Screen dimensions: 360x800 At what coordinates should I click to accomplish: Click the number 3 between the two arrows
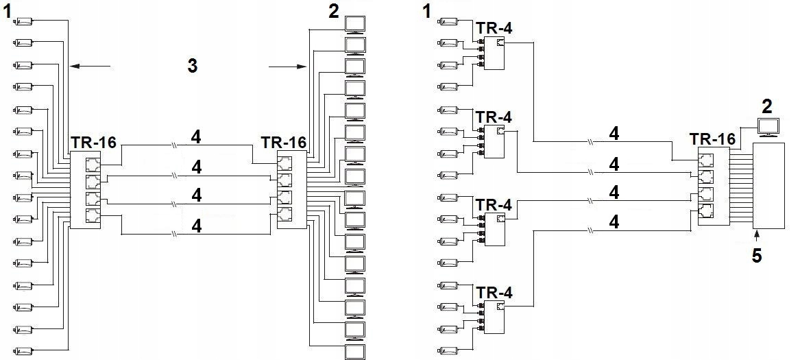[x=193, y=65]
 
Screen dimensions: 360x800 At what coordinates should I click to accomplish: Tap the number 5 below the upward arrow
[x=757, y=255]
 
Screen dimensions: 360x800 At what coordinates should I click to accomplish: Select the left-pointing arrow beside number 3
[x=90, y=67]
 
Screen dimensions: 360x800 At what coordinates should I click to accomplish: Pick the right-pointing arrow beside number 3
[x=287, y=67]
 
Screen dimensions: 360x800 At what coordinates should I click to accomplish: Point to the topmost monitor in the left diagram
[x=355, y=25]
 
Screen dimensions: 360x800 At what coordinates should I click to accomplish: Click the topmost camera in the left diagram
[x=24, y=21]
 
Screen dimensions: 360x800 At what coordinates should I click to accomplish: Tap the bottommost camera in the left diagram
[x=24, y=352]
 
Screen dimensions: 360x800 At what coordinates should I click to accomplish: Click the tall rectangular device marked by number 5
[x=768, y=186]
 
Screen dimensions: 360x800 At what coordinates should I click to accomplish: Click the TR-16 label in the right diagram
[x=713, y=139]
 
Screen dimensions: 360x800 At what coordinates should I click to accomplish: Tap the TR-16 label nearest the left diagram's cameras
[x=93, y=143]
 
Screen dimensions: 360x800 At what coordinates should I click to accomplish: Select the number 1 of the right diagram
[x=427, y=11]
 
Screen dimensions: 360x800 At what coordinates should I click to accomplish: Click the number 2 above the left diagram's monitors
[x=333, y=11]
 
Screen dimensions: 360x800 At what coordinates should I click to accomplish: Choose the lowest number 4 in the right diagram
[x=614, y=222]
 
